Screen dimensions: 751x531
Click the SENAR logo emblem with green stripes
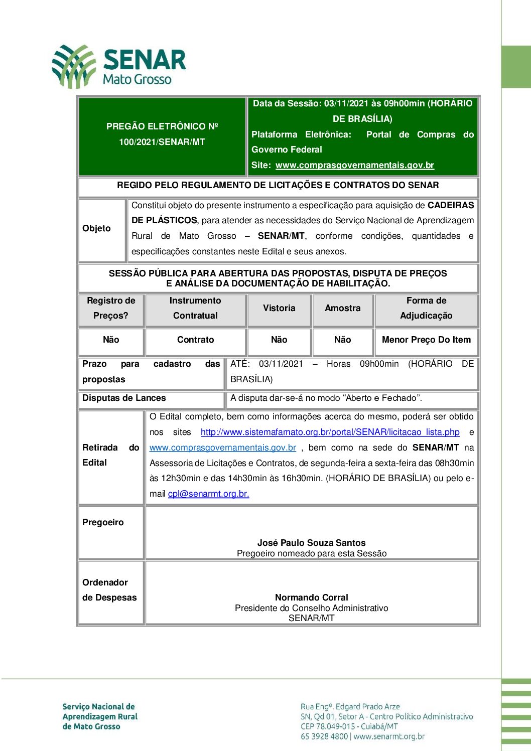74,66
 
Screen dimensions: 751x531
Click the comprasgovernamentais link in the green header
354,165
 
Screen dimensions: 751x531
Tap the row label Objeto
96,228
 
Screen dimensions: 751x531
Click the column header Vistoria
279,308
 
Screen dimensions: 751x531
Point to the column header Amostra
342,308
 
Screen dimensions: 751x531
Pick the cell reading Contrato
195,340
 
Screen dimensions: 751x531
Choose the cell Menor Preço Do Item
426,340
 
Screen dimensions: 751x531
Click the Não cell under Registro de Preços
111,340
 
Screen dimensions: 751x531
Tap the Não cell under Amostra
342,340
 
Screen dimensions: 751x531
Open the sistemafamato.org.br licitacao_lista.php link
330,432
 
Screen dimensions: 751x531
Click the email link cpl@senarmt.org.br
208,494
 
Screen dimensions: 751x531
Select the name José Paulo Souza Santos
311,543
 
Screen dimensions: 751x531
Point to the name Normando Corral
311,597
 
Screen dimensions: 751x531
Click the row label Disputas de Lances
124,398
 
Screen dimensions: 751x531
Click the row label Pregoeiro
103,522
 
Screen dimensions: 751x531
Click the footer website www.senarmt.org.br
389,736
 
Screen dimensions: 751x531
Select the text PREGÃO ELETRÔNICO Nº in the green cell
162,126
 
